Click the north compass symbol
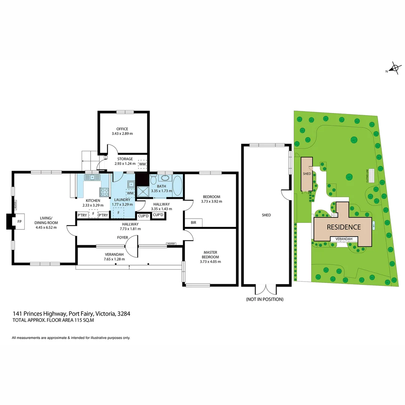394,68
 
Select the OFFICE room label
122,129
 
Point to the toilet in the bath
153,180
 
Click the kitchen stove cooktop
104,192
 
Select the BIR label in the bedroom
193,223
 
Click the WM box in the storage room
142,164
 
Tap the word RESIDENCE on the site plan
344,227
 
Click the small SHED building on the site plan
306,174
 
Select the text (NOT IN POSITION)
264,299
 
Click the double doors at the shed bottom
266,289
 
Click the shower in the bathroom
142,191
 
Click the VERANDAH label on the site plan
343,239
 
